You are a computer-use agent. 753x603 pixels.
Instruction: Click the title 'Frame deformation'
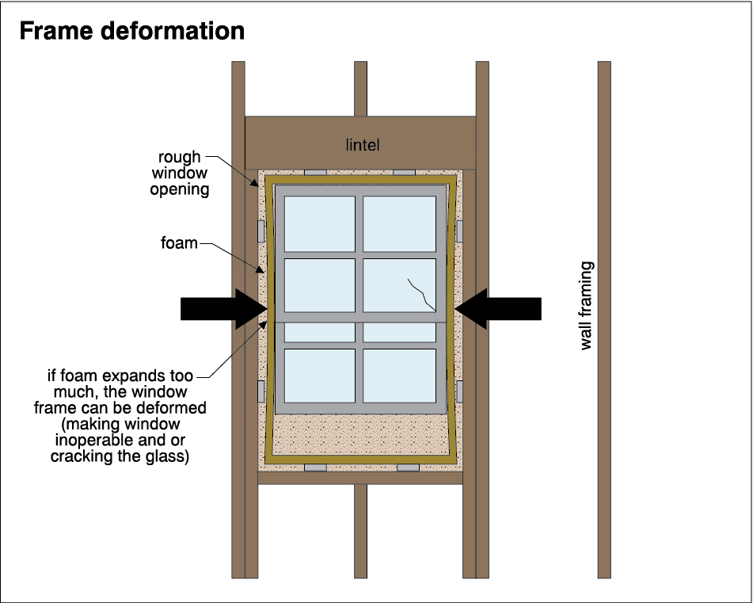131,31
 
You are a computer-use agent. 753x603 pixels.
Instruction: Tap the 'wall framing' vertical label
586,306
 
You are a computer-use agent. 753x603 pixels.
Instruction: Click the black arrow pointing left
499,308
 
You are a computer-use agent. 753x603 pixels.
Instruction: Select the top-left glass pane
320,223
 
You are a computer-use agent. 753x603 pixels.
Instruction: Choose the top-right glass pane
399,223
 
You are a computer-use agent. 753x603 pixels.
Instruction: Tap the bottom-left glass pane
320,376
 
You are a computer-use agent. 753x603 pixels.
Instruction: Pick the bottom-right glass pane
399,376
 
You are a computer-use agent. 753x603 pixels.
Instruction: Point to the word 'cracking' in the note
80,456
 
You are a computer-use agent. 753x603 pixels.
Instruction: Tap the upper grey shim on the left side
261,231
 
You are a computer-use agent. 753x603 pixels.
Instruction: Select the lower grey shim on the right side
459,391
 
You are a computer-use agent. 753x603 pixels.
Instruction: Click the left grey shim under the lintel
315,172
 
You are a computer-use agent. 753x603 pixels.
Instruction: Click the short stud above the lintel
360,88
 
